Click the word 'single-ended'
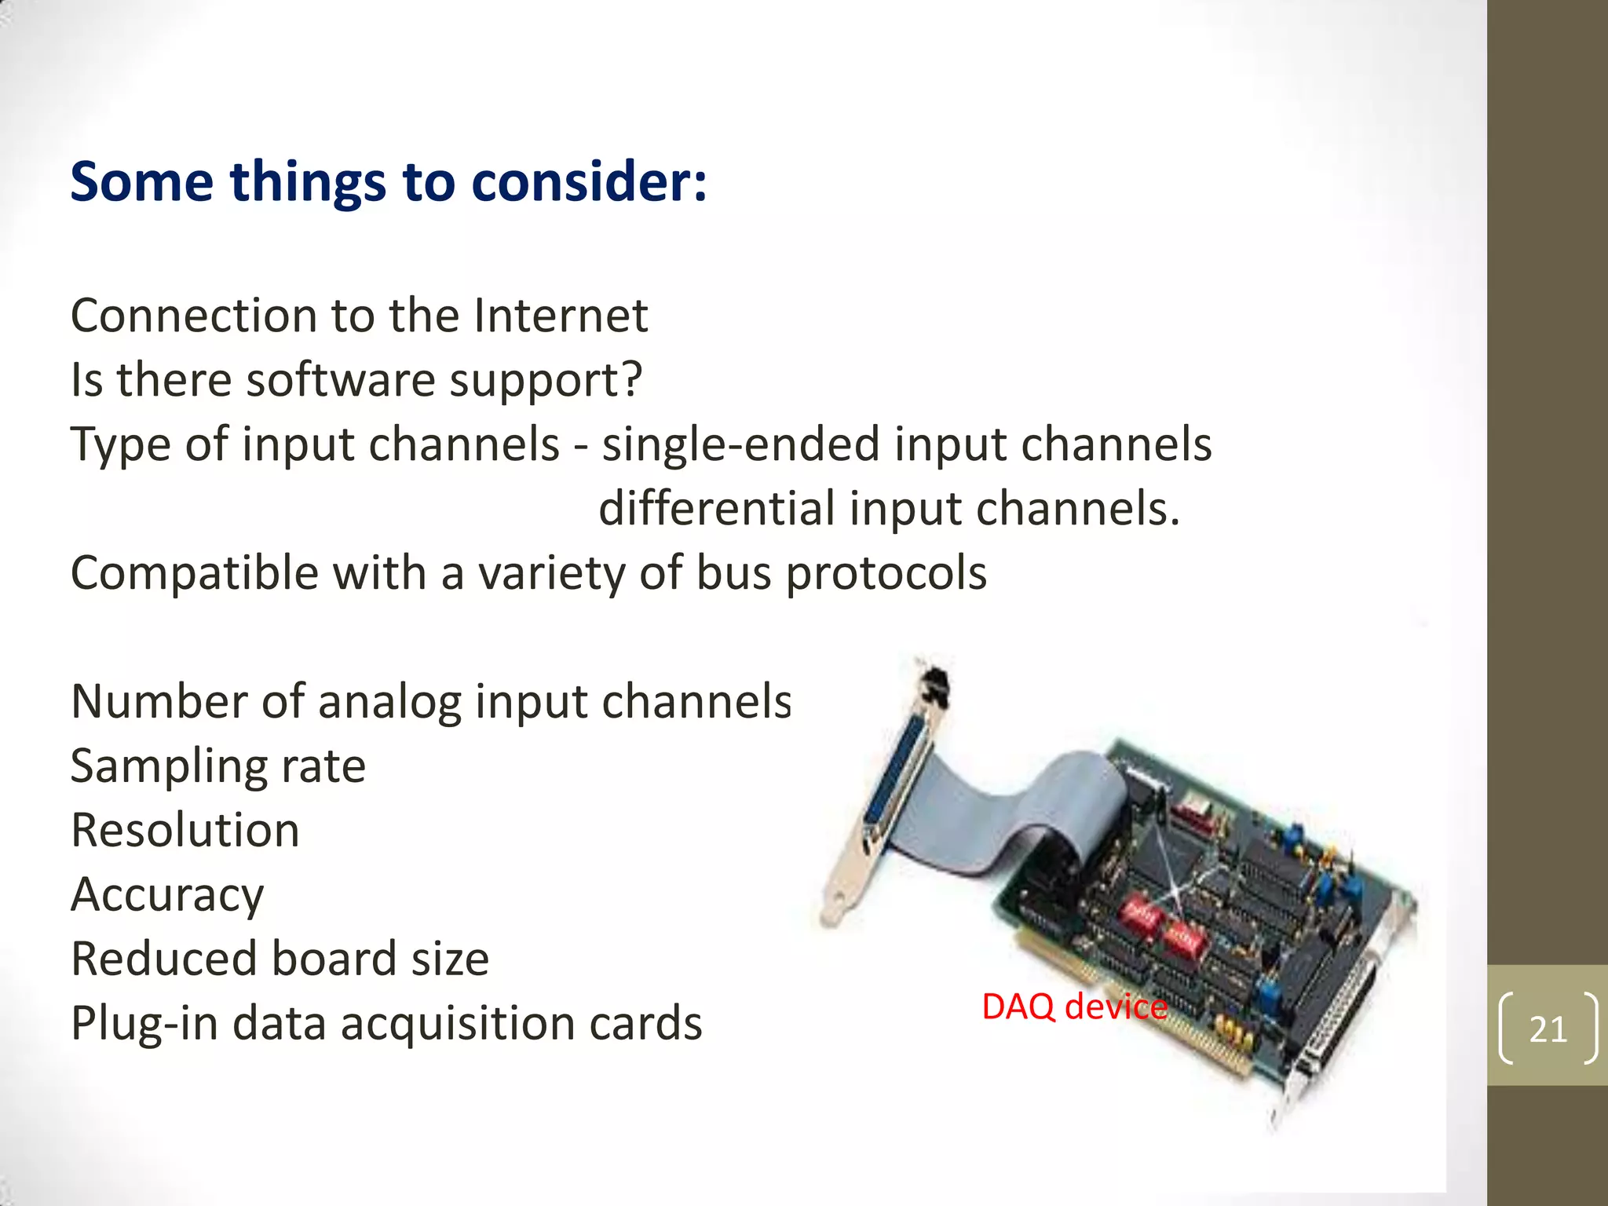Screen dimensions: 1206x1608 740,444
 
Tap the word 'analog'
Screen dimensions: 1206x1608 389,702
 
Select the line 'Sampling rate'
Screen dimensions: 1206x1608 218,766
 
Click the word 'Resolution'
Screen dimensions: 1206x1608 185,831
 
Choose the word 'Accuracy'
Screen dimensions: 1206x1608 167,895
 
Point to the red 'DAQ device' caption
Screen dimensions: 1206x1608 1074,1007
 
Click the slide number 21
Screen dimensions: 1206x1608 1548,1029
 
